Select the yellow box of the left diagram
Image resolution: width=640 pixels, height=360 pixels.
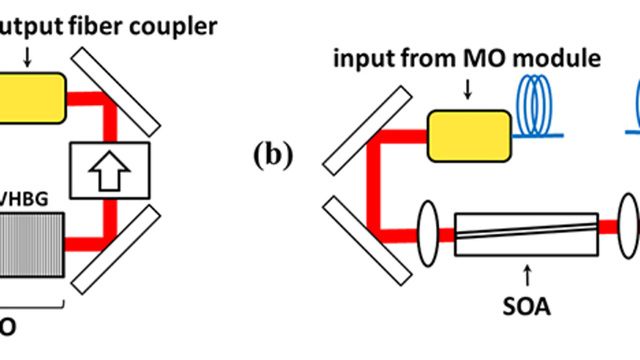tap(32, 98)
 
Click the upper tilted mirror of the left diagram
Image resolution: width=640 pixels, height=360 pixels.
tap(116, 92)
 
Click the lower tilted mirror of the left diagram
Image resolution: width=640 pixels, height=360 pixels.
tap(116, 250)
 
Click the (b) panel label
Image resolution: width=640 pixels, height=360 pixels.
tap(273, 155)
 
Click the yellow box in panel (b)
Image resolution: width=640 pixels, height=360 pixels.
tap(469, 136)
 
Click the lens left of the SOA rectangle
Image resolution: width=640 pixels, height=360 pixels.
tap(428, 233)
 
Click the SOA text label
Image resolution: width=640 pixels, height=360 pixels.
tap(526, 307)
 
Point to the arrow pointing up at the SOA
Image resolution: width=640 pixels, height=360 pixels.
tap(527, 275)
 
